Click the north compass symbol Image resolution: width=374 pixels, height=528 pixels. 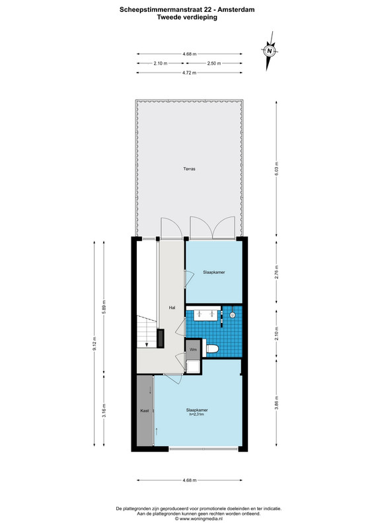269,51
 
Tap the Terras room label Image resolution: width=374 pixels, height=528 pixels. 189,169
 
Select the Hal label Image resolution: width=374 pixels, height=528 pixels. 172,308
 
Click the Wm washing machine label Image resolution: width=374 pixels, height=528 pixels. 193,350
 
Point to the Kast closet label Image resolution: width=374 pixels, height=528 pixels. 145,411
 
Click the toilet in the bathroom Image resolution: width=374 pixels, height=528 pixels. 211,349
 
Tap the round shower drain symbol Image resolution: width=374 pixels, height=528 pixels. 232,315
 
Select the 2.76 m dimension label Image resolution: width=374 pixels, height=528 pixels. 277,272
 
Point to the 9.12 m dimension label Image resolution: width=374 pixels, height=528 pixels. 94,344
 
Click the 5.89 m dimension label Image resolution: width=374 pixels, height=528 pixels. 104,306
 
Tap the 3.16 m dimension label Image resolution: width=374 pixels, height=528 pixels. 104,411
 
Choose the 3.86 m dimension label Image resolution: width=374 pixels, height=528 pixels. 277,403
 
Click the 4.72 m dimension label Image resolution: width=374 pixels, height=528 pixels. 189,73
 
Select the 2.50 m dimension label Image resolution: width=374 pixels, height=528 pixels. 214,63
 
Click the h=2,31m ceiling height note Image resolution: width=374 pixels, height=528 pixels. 197,414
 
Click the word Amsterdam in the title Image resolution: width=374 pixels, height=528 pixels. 236,10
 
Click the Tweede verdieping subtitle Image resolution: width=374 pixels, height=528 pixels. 187,17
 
